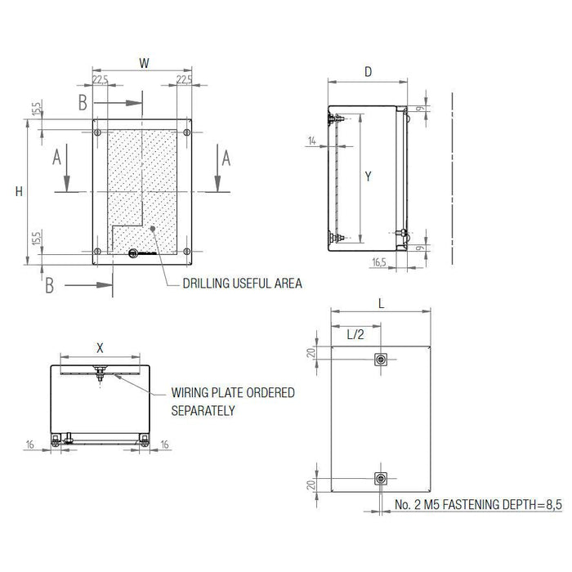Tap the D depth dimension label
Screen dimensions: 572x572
click(368, 72)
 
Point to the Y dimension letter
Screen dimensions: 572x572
click(369, 177)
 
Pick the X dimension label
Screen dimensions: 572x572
click(100, 346)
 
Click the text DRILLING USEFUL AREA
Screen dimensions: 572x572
click(233, 284)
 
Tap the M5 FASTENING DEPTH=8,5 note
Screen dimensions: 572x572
click(479, 507)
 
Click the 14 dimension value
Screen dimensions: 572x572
click(312, 141)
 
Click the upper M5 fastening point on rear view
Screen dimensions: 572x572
click(380, 360)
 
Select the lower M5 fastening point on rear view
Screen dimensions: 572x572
click(380, 478)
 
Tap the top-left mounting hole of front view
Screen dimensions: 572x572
click(97, 132)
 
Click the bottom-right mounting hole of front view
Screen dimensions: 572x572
click(187, 251)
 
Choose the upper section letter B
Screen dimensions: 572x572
click(82, 102)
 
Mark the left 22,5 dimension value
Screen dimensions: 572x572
click(101, 79)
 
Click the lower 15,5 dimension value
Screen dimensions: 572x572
click(36, 239)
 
